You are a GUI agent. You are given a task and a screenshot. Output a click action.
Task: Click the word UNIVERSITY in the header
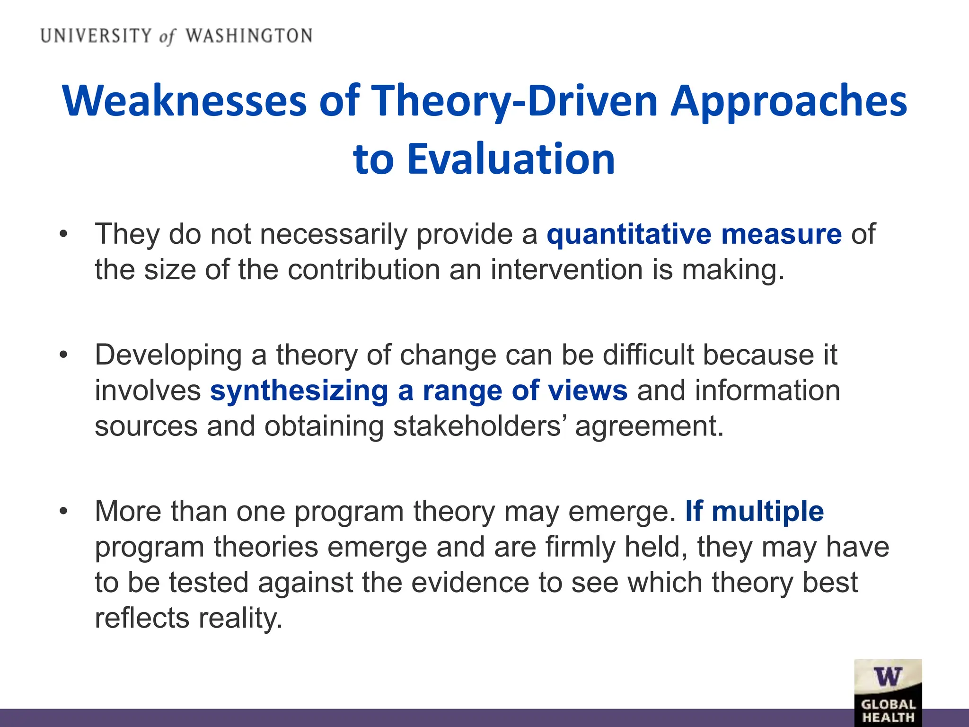(x=96, y=36)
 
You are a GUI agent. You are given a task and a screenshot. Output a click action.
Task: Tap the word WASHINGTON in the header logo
(x=249, y=36)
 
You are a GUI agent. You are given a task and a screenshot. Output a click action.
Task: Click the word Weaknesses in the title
(x=185, y=101)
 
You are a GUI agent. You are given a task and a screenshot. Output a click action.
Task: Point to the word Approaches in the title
(x=789, y=101)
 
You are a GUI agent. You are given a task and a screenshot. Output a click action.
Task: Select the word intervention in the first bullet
(x=566, y=270)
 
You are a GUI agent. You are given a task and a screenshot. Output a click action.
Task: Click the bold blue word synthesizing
(x=299, y=390)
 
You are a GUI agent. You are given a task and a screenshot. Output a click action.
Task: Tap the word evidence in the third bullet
(x=469, y=582)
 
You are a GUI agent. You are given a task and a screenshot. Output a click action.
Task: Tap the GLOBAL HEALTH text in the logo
(x=888, y=711)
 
